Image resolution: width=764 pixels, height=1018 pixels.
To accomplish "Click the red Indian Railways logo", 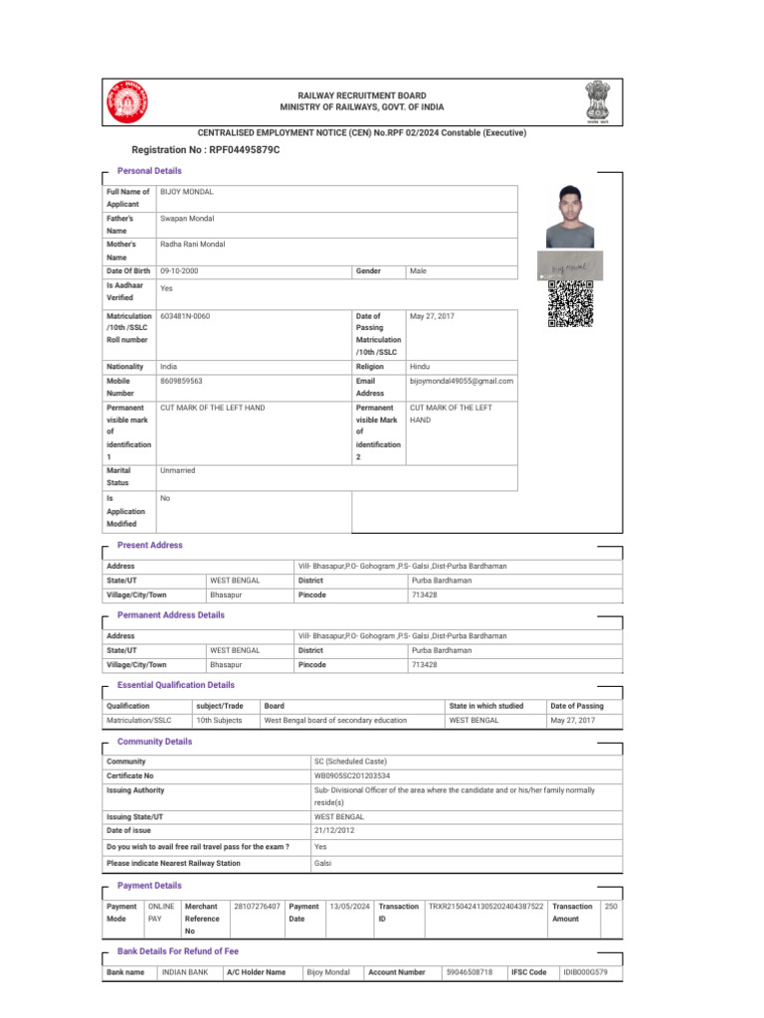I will pyautogui.click(x=126, y=101).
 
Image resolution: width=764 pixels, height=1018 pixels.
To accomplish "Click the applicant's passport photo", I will pyautogui.click(x=570, y=216).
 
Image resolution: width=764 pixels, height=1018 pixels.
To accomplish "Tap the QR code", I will pyautogui.click(x=570, y=304).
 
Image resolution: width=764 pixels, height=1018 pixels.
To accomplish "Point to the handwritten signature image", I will pyautogui.click(x=570, y=266).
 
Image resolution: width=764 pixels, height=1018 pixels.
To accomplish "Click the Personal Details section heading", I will pyautogui.click(x=149, y=171).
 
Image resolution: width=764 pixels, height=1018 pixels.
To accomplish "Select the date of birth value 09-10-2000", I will pyautogui.click(x=179, y=271).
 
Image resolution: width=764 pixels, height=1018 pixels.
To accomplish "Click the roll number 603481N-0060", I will pyautogui.click(x=185, y=316).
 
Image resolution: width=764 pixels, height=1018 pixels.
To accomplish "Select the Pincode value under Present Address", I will pyautogui.click(x=424, y=594).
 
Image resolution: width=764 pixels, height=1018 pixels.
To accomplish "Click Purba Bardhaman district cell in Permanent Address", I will pyautogui.click(x=441, y=650).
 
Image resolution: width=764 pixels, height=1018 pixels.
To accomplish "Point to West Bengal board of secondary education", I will pyautogui.click(x=335, y=720).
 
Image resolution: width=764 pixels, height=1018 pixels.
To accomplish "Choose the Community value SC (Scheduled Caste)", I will pyautogui.click(x=350, y=762).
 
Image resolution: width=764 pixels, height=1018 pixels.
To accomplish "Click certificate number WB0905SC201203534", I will pyautogui.click(x=352, y=775).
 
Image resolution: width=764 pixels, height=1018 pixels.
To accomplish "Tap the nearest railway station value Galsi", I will pyautogui.click(x=323, y=863).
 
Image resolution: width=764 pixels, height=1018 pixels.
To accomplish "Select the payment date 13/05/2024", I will pyautogui.click(x=349, y=907).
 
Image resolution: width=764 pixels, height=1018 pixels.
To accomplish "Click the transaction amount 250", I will pyautogui.click(x=611, y=907).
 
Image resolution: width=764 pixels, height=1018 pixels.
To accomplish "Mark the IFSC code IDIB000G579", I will pyautogui.click(x=585, y=971).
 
